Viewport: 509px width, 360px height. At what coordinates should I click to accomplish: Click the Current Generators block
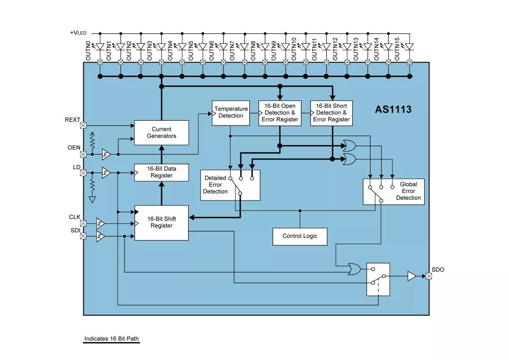(161, 133)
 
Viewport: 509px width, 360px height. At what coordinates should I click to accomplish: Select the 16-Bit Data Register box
(161, 172)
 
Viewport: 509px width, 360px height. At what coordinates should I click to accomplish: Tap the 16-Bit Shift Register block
(161, 223)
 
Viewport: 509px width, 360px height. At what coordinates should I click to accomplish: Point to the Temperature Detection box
(231, 112)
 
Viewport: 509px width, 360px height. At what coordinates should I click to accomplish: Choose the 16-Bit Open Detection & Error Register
(280, 113)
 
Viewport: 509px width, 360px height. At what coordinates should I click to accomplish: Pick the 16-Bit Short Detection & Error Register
(331, 113)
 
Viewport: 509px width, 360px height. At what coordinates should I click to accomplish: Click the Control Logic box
(300, 236)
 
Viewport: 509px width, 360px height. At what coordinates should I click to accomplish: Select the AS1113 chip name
(393, 110)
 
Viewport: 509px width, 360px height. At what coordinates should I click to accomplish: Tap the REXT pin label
(72, 120)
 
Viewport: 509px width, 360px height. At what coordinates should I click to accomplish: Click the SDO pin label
(438, 270)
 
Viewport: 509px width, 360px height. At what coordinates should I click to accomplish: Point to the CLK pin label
(74, 217)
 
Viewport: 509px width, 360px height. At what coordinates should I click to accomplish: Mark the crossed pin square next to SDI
(83, 236)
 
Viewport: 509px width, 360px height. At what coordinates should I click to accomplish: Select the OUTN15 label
(397, 49)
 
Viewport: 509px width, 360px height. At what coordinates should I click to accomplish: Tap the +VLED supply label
(78, 33)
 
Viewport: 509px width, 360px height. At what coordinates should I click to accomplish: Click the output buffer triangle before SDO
(411, 276)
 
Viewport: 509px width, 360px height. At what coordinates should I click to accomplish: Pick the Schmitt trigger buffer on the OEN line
(106, 154)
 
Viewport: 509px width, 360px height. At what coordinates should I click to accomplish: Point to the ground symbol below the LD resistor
(92, 200)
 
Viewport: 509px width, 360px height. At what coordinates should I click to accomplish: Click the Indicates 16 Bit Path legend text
(112, 339)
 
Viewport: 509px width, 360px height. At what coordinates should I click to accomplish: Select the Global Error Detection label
(408, 191)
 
